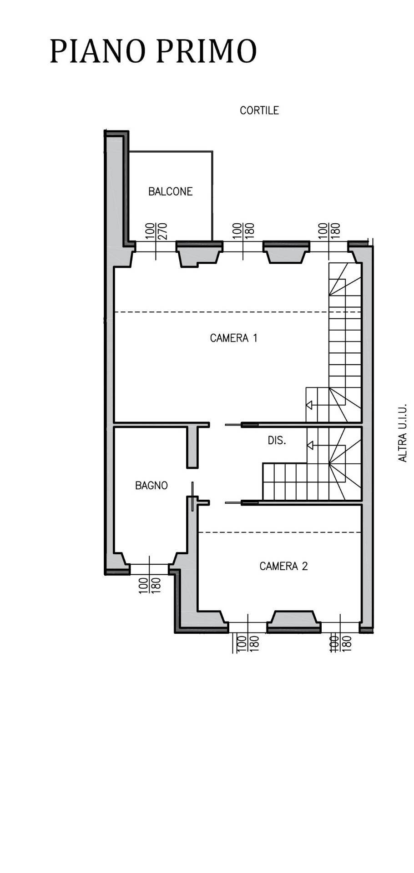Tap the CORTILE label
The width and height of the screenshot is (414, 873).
(259, 110)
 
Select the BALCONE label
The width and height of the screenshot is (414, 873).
(170, 191)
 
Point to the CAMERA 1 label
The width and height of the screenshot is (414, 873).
(233, 338)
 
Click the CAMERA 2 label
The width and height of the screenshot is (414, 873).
(283, 566)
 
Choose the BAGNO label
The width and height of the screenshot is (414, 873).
(151, 486)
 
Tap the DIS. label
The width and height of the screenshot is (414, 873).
(277, 441)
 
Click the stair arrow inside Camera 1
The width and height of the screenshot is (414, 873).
(309, 405)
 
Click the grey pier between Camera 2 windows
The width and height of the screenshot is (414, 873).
(293, 621)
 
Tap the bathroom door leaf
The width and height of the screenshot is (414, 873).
(193, 496)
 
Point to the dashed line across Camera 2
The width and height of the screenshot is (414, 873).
(280, 532)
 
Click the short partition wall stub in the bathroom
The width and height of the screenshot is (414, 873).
(193, 448)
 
